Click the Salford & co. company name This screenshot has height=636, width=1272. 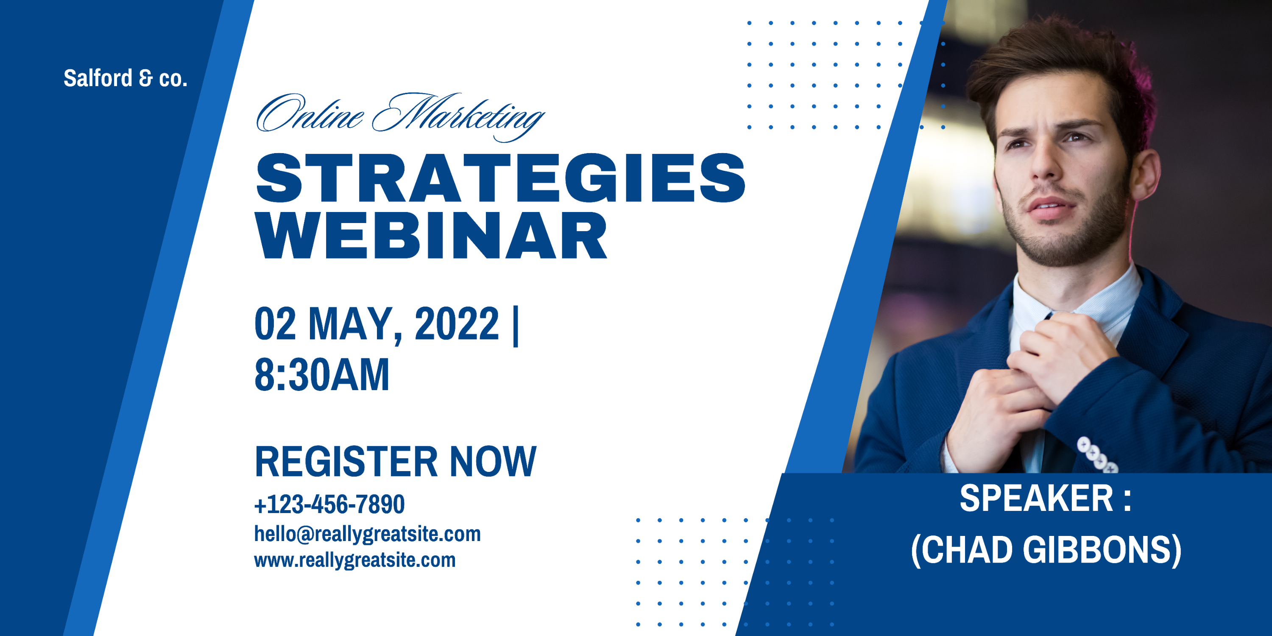[x=126, y=78]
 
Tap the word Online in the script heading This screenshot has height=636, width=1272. [x=310, y=114]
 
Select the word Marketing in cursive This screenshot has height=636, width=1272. [x=458, y=117]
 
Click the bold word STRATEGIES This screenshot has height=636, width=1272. [x=501, y=178]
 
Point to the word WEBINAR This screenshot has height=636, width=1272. [x=431, y=236]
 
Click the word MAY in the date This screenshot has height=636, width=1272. [x=351, y=324]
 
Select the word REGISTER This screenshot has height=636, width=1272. [x=346, y=461]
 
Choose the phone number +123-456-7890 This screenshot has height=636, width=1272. [x=329, y=504]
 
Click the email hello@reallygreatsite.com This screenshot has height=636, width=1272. [x=367, y=534]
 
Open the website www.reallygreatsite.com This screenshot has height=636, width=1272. [x=354, y=560]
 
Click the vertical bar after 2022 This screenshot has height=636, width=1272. [x=516, y=326]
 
